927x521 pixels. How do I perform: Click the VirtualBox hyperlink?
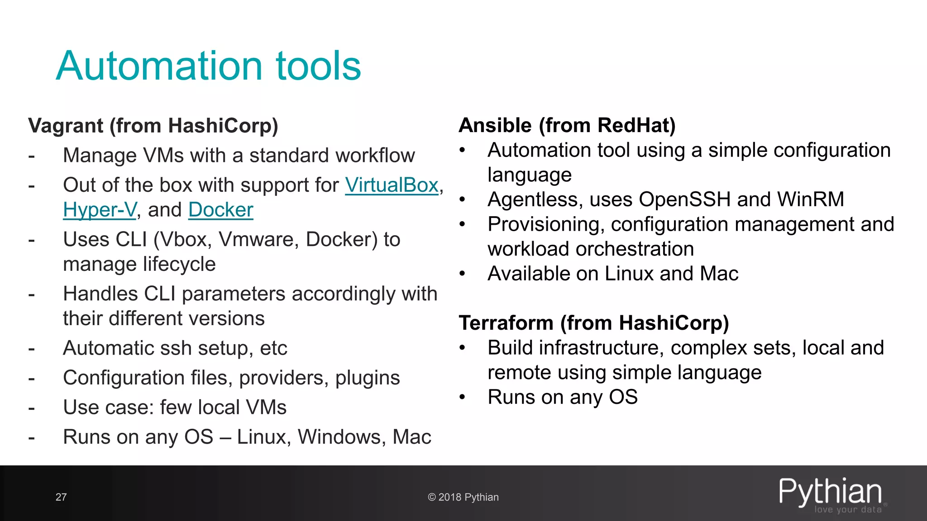[x=392, y=185]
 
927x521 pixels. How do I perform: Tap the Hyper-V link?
[x=100, y=210]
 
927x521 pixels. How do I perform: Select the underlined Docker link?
[x=220, y=210]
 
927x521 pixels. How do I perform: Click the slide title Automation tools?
[x=208, y=66]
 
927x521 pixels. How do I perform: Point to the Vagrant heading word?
[x=66, y=126]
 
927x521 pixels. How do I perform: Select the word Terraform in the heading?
[x=506, y=323]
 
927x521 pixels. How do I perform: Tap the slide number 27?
[x=61, y=497]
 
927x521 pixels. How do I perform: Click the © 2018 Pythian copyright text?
[x=463, y=497]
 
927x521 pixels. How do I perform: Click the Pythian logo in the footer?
[x=831, y=494]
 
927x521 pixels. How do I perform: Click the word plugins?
[x=367, y=378]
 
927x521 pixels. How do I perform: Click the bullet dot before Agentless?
[x=462, y=199]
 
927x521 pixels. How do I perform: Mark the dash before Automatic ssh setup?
[x=31, y=349]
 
